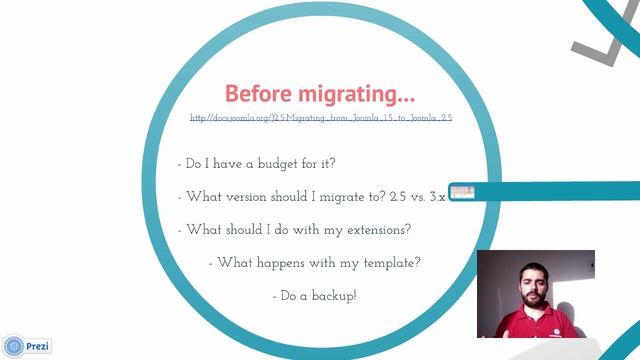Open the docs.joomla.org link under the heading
point(321,118)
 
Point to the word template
point(385,263)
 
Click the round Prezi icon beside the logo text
point(14,346)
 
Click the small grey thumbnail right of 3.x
point(461,192)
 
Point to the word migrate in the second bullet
point(340,196)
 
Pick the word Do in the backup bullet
point(290,296)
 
